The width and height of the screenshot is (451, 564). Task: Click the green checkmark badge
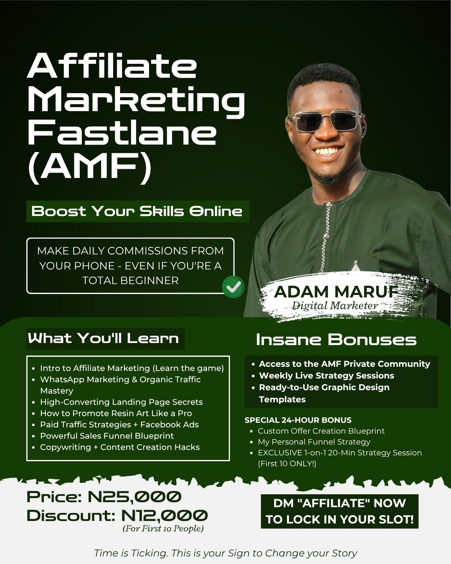233,287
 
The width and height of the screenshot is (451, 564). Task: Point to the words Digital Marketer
335,305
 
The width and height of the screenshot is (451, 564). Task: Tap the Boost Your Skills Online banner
137,211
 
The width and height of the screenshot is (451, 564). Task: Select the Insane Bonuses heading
336,340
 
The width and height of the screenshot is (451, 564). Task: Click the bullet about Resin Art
116,413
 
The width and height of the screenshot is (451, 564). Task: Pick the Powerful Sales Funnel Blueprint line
106,436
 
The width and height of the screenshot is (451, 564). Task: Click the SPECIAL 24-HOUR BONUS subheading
298,420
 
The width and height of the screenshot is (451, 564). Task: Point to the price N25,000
134,497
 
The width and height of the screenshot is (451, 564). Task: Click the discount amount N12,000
165,516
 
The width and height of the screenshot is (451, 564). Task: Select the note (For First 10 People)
163,528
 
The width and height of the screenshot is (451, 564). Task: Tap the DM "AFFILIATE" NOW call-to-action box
340,511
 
